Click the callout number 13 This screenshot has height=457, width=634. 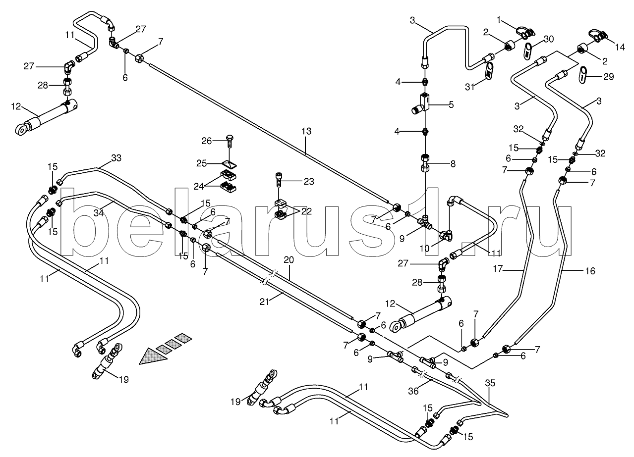[x=306, y=131]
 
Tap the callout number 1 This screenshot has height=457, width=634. [x=500, y=20]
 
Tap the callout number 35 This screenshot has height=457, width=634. [x=490, y=383]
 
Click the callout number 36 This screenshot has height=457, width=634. [x=413, y=391]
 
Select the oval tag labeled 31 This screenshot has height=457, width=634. [x=489, y=70]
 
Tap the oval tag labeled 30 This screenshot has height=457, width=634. [x=528, y=50]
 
